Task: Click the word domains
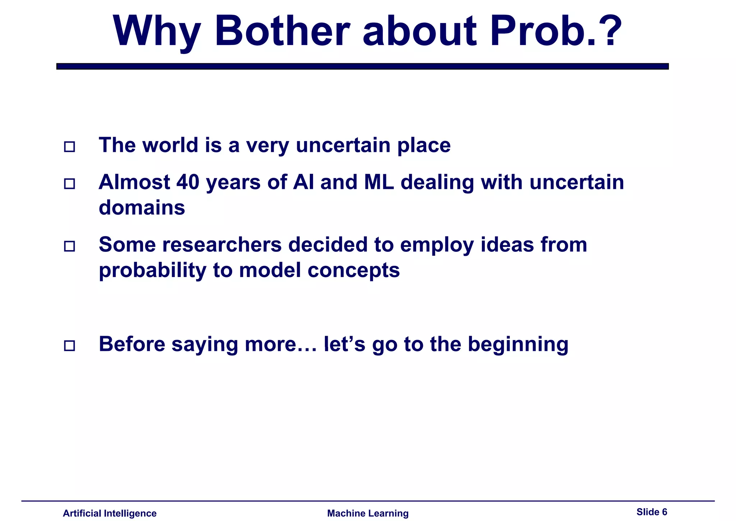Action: point(142,208)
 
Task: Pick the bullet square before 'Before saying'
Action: point(69,345)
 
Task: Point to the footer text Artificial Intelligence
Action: point(110,513)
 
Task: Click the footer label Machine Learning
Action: point(368,513)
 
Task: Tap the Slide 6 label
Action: point(652,512)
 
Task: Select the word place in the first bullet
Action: point(424,146)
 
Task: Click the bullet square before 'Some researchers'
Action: point(69,246)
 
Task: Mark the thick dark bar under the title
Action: point(362,66)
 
